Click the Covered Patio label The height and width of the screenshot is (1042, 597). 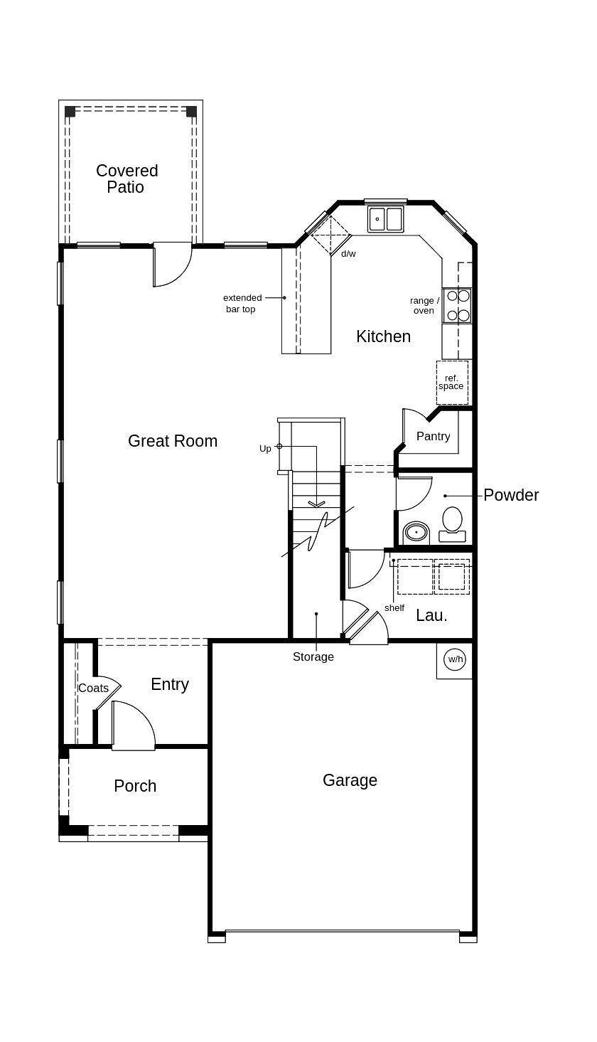127,179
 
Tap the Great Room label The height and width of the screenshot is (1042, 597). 173,441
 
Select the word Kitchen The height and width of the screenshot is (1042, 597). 384,336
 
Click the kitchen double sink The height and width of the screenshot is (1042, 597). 385,218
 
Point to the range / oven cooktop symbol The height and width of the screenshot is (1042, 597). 458,305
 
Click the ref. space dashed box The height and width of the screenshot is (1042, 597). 452,383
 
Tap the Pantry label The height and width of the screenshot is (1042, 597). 433,436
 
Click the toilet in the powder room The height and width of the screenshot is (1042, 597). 452,524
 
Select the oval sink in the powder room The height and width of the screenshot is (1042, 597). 416,532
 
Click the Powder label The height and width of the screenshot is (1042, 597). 511,495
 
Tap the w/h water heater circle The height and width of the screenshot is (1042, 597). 455,659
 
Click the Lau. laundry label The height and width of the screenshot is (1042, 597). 431,615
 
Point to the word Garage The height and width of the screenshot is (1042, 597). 350,780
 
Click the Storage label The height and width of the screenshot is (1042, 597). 313,656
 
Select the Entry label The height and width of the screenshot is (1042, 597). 170,685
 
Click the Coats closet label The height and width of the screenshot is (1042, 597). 93,688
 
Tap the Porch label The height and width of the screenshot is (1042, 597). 135,786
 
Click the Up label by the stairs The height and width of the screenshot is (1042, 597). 265,448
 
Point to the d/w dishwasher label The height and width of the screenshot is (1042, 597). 349,253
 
